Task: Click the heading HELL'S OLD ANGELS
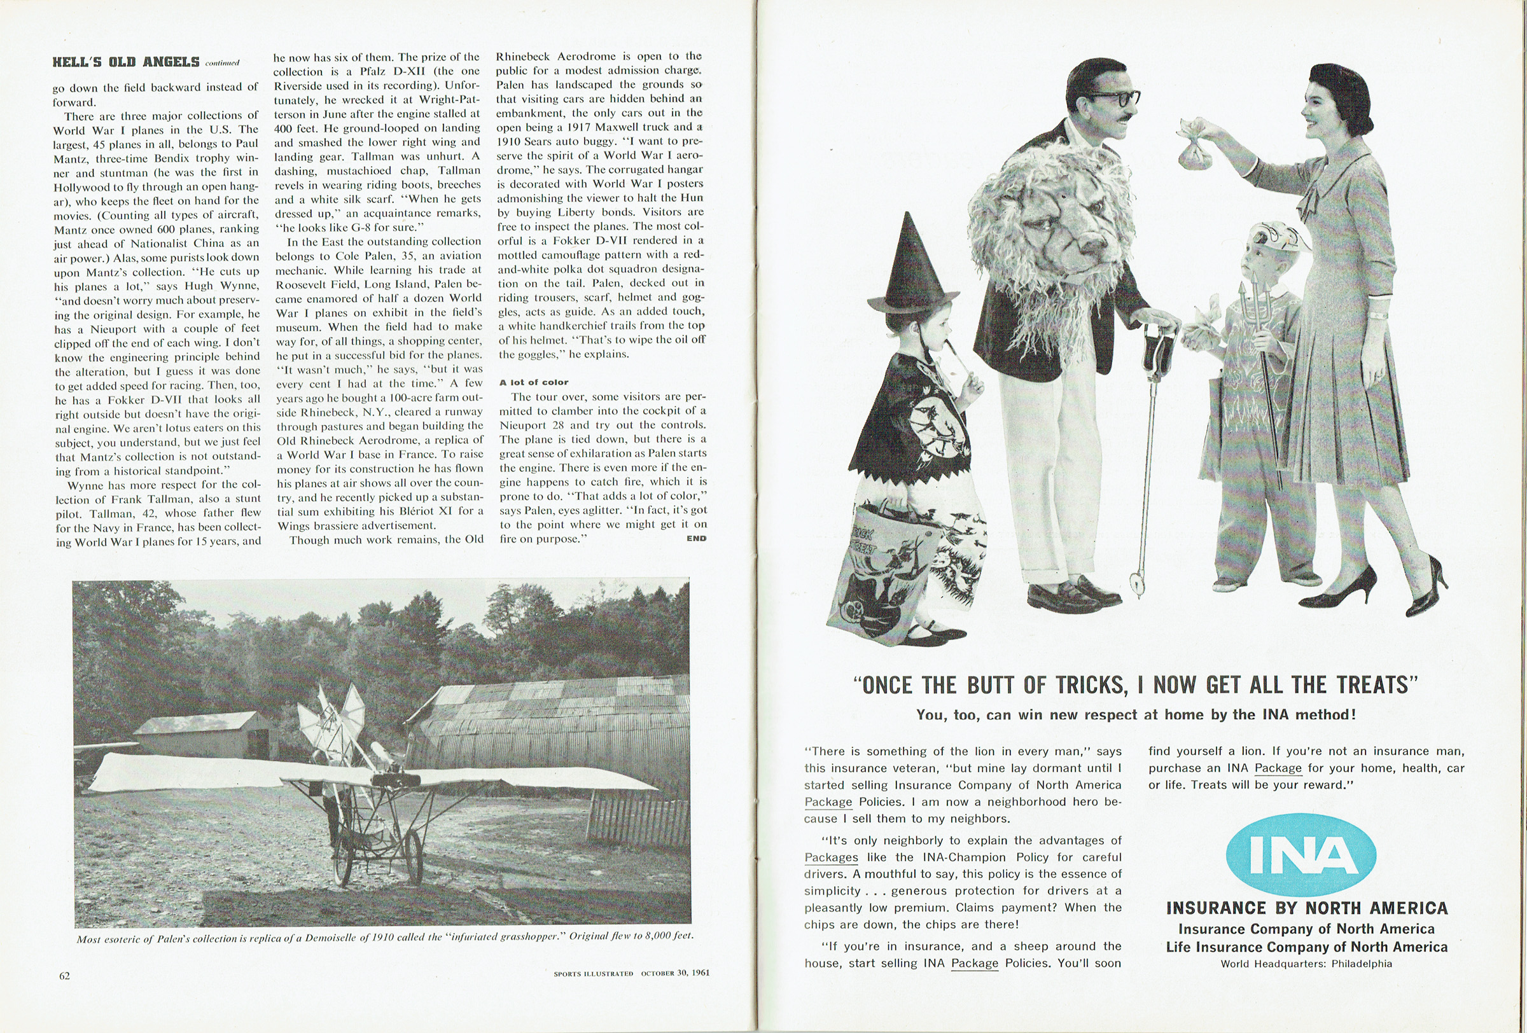pos(125,62)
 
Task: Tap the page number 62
pos(64,976)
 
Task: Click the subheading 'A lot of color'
pos(534,382)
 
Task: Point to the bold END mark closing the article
pos(696,539)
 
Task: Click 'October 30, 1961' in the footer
pos(676,973)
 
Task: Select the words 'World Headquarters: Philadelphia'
pos(1306,964)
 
